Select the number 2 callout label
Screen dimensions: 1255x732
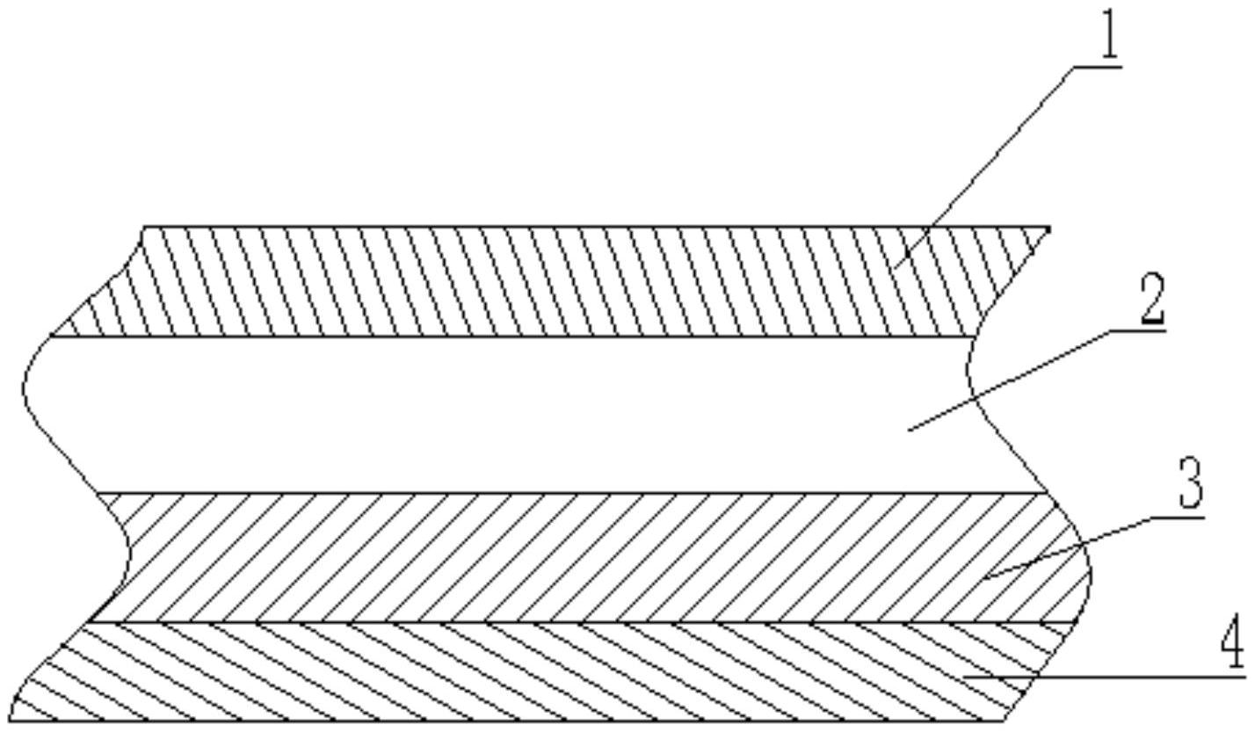point(1152,301)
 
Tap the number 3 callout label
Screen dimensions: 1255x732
point(1189,486)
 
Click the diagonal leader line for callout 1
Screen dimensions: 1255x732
point(993,158)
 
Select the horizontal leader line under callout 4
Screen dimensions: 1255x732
point(1107,677)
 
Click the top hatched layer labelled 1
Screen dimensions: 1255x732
point(527,281)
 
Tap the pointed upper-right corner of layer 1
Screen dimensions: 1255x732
point(1048,229)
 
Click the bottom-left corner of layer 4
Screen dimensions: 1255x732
point(11,721)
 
